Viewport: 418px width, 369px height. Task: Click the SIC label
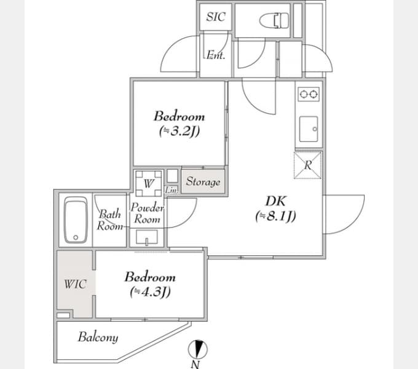(x=216, y=17)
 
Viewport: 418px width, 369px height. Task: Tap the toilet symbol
(x=274, y=20)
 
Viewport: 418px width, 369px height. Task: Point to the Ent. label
(x=216, y=55)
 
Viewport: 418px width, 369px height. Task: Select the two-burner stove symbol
(x=309, y=94)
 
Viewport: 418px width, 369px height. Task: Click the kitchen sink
(x=309, y=129)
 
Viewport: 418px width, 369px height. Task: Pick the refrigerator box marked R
(x=307, y=165)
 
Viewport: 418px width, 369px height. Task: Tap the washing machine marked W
(x=149, y=183)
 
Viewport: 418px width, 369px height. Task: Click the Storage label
(x=203, y=181)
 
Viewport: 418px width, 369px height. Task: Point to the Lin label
(x=171, y=190)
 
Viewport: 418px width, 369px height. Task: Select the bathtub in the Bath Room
(x=76, y=220)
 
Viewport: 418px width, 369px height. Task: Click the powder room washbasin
(x=147, y=237)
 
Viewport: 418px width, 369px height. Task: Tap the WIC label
(x=75, y=284)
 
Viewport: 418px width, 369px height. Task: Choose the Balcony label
(x=98, y=337)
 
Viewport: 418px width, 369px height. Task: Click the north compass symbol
(x=197, y=349)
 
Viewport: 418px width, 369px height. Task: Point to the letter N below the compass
(x=195, y=364)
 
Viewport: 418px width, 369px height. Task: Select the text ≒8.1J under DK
(x=275, y=216)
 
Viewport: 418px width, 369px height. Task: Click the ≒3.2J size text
(x=179, y=131)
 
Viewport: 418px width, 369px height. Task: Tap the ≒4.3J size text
(x=151, y=292)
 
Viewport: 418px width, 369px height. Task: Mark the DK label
(x=276, y=201)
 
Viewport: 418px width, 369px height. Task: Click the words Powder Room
(x=147, y=213)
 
